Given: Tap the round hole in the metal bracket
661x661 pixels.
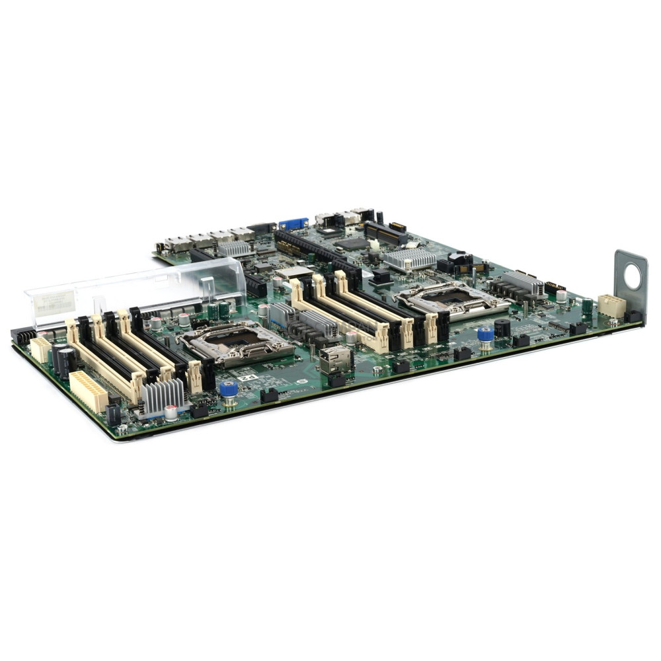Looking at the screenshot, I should click(x=633, y=276).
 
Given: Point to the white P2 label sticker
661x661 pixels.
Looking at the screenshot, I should click(x=247, y=377).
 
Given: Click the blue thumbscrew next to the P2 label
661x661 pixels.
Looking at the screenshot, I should click(x=229, y=389).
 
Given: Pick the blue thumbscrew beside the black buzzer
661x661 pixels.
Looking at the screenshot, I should click(x=486, y=334).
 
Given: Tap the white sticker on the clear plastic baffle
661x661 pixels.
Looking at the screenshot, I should click(x=56, y=303).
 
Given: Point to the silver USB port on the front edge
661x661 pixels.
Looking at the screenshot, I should click(x=336, y=360).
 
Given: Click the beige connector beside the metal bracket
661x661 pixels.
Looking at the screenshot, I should click(x=611, y=306).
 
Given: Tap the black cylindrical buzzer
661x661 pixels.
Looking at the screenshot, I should click(x=502, y=327).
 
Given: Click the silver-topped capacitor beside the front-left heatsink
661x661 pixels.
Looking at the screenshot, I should click(x=171, y=412).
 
